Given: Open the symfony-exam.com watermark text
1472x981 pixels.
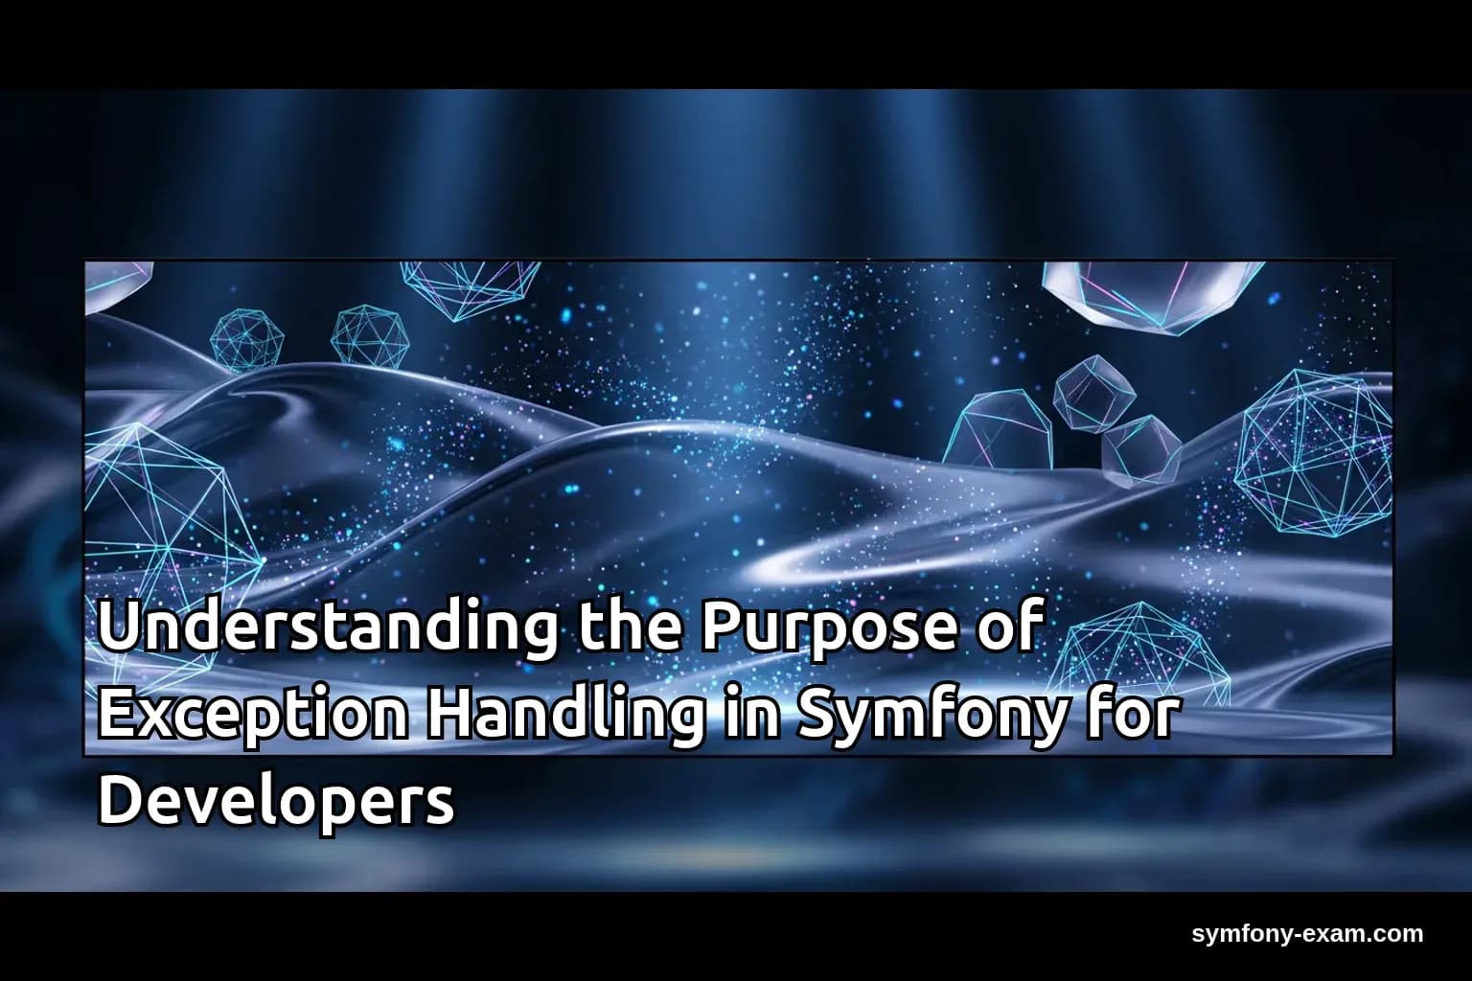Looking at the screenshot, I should pos(1307,933).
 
